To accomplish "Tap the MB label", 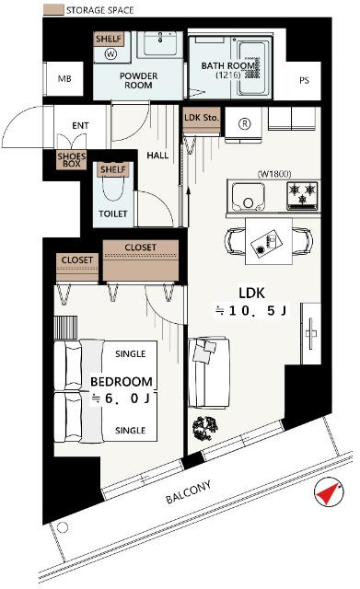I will coord(64,78).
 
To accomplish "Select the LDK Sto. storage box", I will coord(202,119).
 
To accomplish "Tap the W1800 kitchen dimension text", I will coord(273,173).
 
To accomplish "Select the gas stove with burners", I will coord(300,195).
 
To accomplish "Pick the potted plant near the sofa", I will coord(205,427).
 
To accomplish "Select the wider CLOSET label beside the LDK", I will coord(140,248).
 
